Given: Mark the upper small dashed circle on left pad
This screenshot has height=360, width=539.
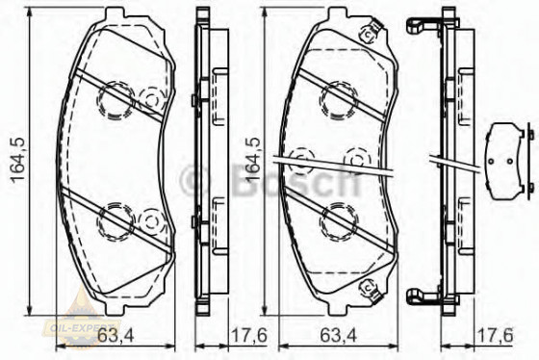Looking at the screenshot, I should tap(151, 99).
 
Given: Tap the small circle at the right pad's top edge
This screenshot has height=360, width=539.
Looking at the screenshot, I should tap(367, 36).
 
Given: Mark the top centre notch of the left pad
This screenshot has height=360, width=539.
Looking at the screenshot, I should tap(113, 15).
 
